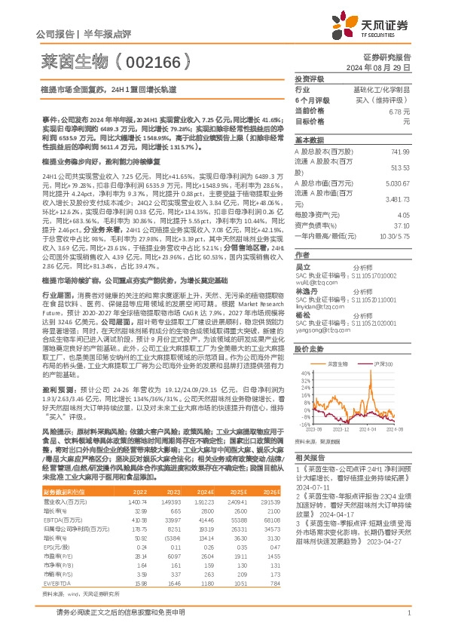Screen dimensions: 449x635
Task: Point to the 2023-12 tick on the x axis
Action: tap(341, 428)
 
